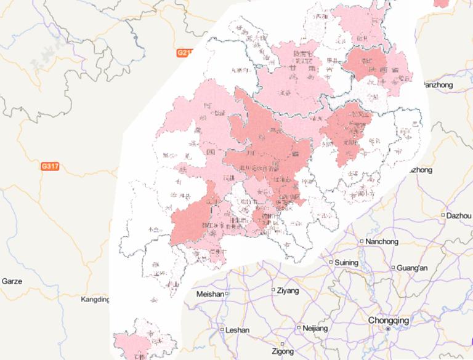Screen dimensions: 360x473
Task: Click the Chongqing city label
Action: click(x=388, y=320)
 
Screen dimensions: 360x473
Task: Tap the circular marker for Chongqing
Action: click(x=388, y=329)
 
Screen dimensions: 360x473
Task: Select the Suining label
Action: click(x=346, y=263)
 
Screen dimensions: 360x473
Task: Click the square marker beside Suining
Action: click(x=331, y=262)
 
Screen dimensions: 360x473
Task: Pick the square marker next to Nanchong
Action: click(x=362, y=241)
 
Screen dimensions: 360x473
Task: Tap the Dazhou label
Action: click(x=459, y=215)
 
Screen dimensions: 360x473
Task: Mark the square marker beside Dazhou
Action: click(x=443, y=215)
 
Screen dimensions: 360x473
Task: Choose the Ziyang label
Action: click(x=288, y=290)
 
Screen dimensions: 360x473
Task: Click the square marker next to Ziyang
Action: click(x=274, y=289)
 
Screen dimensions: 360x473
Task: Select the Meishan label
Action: click(x=209, y=294)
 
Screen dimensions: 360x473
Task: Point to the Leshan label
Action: click(x=238, y=330)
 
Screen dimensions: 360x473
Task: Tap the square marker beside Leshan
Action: click(x=222, y=330)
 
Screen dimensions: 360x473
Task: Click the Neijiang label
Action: click(x=316, y=329)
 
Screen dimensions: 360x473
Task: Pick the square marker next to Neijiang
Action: click(x=299, y=328)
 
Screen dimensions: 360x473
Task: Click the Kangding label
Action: click(x=95, y=300)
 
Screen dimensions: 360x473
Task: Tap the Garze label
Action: click(x=12, y=281)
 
